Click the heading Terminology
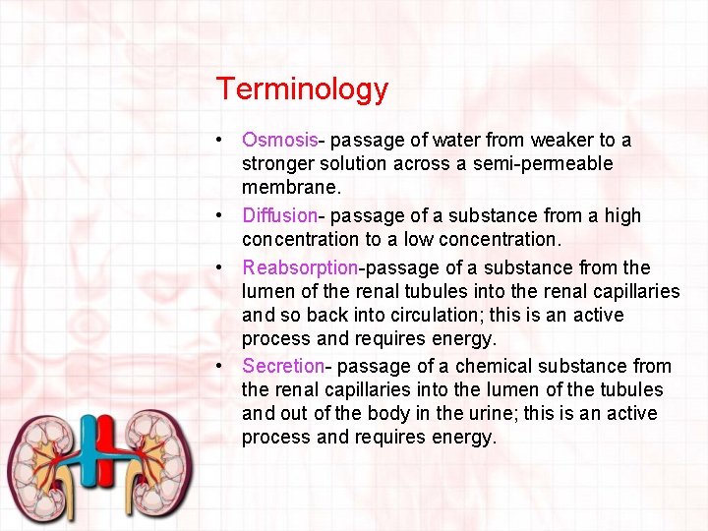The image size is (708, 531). click(x=302, y=89)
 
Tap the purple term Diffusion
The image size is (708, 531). click(x=279, y=215)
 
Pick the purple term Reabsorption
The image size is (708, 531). click(x=300, y=267)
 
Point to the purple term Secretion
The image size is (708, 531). click(x=282, y=366)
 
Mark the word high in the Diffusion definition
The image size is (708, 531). click(x=620, y=215)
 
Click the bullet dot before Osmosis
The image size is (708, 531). click(x=225, y=141)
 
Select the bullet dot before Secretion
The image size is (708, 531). click(x=225, y=366)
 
